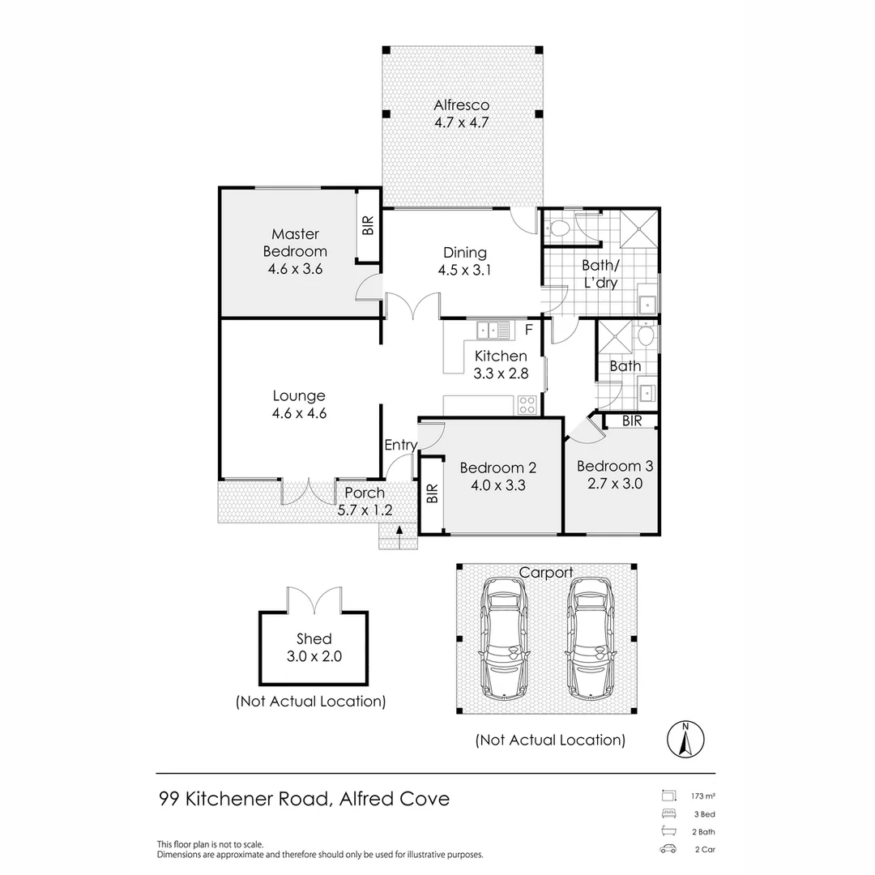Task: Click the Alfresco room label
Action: coord(462,105)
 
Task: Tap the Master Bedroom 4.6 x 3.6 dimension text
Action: coord(295,269)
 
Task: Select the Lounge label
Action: coord(299,396)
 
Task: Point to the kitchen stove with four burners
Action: coord(527,404)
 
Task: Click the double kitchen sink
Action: coord(493,330)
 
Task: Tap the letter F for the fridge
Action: coord(529,330)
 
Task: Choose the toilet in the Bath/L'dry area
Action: coord(557,228)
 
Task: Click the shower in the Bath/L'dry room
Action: coord(639,228)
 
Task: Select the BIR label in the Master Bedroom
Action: coord(368,225)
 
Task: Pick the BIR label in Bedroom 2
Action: coord(433,493)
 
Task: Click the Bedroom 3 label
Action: coord(615,466)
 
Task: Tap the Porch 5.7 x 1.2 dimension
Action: coord(365,510)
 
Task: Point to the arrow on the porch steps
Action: coord(399,530)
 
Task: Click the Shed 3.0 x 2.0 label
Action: coord(314,647)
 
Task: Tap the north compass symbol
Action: coord(686,739)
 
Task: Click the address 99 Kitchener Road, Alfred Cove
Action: coord(304,799)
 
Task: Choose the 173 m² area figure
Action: coord(703,796)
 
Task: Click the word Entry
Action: coord(401,445)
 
